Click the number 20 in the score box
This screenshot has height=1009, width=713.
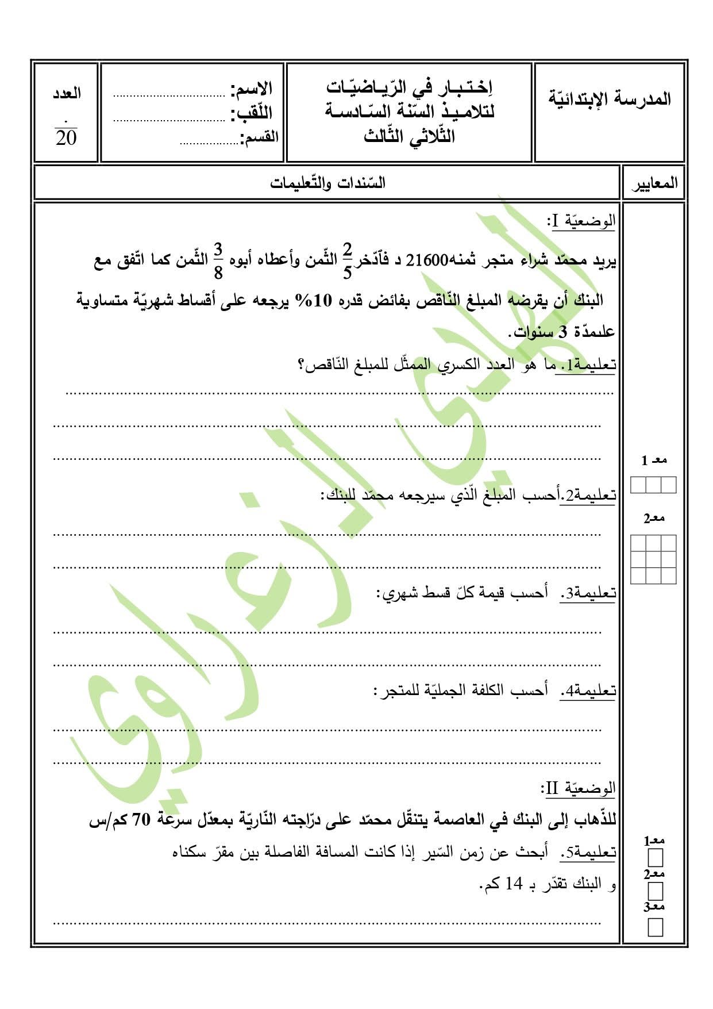pyautogui.click(x=66, y=138)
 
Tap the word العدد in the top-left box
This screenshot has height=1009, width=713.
pyautogui.click(x=67, y=94)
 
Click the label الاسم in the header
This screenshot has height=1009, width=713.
pyautogui.click(x=252, y=89)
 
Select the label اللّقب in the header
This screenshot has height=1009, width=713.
pyautogui.click(x=252, y=113)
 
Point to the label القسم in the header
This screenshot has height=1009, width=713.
pyautogui.click(x=260, y=138)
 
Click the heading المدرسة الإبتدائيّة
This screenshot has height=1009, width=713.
pyautogui.click(x=610, y=98)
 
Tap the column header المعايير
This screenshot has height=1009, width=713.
pyautogui.click(x=655, y=184)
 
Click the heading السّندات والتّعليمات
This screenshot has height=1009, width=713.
pyautogui.click(x=328, y=183)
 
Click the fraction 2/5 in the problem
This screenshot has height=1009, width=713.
pyautogui.click(x=347, y=260)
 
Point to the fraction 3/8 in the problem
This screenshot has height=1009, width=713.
pyautogui.click(x=218, y=260)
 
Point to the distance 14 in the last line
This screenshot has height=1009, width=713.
pyautogui.click(x=514, y=884)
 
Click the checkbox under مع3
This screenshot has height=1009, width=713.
pyautogui.click(x=655, y=927)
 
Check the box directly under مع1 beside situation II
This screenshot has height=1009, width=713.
pyautogui.click(x=655, y=858)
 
